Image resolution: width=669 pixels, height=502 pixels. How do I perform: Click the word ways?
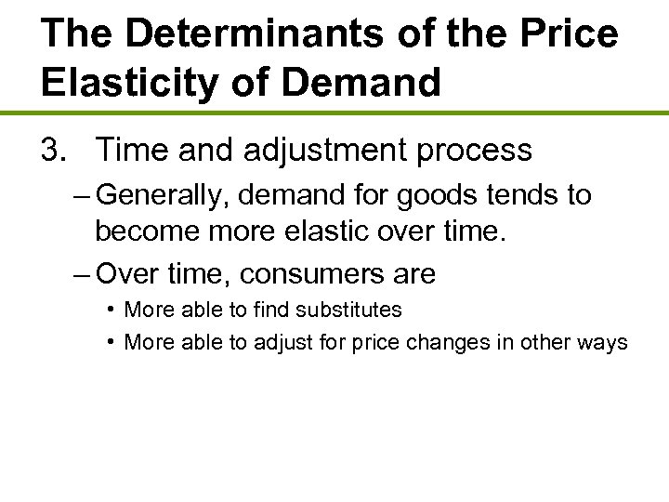pyautogui.click(x=603, y=342)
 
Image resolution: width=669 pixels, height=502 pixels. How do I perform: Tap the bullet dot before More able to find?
pyautogui.click(x=111, y=309)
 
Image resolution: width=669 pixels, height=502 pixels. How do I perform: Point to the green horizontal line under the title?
pyautogui.click(x=334, y=113)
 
